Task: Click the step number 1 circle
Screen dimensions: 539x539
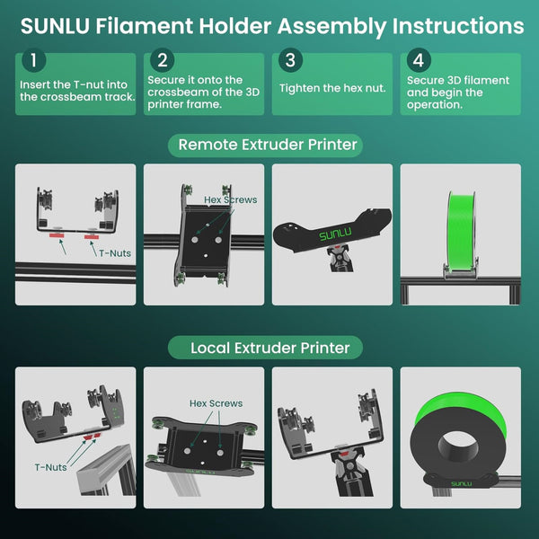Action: [x=34, y=60]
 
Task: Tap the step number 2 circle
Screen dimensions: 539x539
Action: [x=163, y=60]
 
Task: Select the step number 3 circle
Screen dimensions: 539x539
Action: [x=290, y=60]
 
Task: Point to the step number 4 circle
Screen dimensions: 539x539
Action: [x=419, y=60]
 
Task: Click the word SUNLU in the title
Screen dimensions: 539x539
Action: [x=55, y=26]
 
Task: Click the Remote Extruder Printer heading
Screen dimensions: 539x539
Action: [x=268, y=145]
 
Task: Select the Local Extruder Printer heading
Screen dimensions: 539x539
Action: [x=270, y=348]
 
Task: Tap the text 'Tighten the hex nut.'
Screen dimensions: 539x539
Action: [x=332, y=88]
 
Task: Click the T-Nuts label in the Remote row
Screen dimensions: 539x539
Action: [x=115, y=253]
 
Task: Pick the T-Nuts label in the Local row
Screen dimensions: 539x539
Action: [x=51, y=467]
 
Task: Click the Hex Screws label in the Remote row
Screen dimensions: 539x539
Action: [x=230, y=199]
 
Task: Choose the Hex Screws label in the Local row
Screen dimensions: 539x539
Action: [x=216, y=403]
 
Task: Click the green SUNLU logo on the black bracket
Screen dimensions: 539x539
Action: [x=335, y=234]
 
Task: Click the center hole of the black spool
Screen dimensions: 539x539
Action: [x=458, y=447]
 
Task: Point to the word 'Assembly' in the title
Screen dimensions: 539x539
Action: [x=331, y=27]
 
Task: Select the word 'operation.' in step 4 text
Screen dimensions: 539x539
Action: [x=435, y=105]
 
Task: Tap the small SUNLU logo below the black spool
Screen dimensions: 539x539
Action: [x=462, y=484]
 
